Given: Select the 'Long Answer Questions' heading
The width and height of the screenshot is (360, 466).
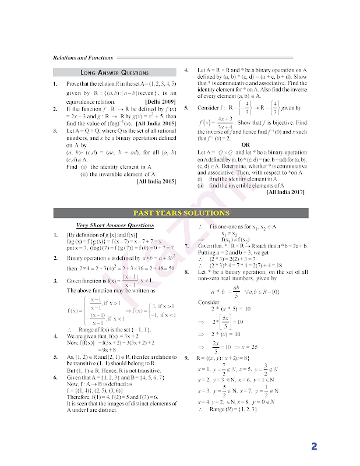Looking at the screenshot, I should pos(115,73).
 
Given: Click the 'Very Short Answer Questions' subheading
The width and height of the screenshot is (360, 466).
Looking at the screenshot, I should pos(115,225).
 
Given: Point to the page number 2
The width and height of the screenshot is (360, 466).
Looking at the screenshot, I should pos(314,447).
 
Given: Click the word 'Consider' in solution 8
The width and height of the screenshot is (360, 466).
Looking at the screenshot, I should pos(208,303).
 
